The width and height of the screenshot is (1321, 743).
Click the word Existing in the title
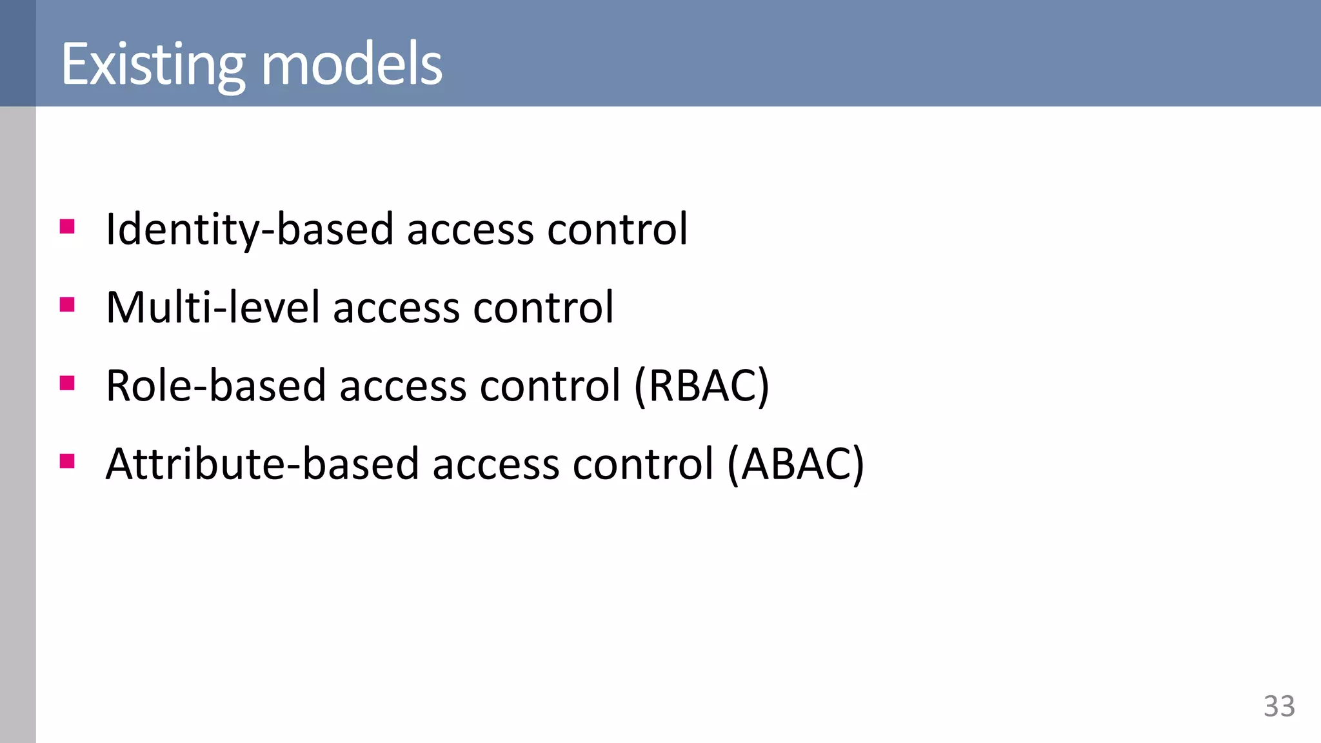[153, 64]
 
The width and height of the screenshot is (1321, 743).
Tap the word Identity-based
[250, 230]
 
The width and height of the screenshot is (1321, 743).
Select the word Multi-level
[213, 308]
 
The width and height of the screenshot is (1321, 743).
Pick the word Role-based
[215, 386]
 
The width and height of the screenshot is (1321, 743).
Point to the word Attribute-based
[263, 464]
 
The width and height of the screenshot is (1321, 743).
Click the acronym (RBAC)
[702, 386]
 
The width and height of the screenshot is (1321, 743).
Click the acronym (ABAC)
[795, 464]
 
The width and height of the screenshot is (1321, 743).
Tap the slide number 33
[1279, 706]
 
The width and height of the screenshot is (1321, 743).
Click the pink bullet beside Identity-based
[67, 226]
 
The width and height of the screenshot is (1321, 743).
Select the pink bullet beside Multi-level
[67, 304]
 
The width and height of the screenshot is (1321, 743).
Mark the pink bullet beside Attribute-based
[67, 462]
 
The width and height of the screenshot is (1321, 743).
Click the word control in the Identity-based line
[617, 230]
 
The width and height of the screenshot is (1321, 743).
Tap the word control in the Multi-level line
[543, 308]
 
